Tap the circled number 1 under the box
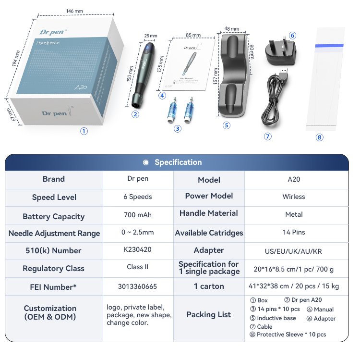(x=84, y=131)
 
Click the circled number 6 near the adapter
(x=292, y=36)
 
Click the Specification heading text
(x=178, y=162)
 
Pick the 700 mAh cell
(x=137, y=215)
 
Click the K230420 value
(x=137, y=249)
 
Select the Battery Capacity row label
(x=53, y=216)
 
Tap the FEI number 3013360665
(x=137, y=286)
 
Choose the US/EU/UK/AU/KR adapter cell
(x=294, y=251)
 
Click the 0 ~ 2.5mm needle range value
(x=137, y=232)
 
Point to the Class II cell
(x=137, y=267)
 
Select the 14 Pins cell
(x=294, y=232)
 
